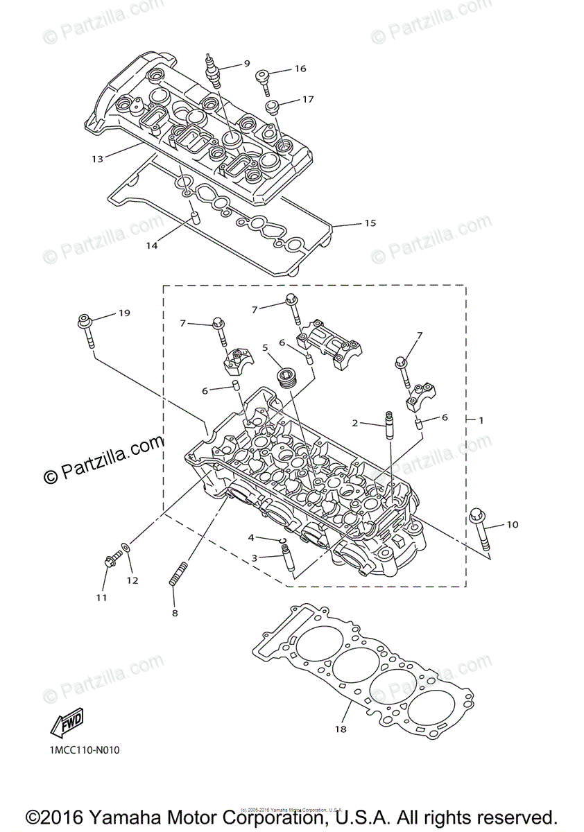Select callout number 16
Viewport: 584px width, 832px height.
[300, 69]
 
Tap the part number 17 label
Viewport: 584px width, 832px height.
[307, 99]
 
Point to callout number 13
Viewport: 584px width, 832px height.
[97, 159]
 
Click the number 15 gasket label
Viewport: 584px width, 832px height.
[370, 223]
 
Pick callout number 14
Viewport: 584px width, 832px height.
[151, 245]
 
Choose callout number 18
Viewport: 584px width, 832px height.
[341, 729]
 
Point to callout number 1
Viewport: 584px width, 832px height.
[481, 420]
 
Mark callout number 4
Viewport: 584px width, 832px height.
[252, 537]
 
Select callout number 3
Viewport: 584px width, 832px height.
[255, 557]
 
